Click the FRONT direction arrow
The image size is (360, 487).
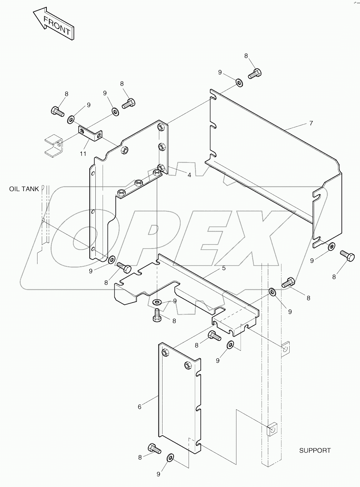click(x=54, y=24)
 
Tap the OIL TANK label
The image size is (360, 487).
click(x=24, y=189)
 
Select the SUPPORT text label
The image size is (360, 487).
click(x=315, y=451)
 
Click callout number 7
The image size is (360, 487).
click(x=311, y=123)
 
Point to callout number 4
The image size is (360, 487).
click(x=189, y=175)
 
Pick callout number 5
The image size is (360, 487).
click(x=224, y=268)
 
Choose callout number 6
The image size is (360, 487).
click(x=140, y=407)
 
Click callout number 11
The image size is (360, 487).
click(x=83, y=154)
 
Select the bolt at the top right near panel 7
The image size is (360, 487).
click(x=255, y=74)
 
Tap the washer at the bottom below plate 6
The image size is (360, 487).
click(x=170, y=458)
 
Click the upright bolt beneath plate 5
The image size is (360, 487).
click(x=157, y=314)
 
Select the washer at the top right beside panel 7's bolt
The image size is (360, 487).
click(x=238, y=83)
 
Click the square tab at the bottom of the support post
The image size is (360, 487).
click(x=272, y=429)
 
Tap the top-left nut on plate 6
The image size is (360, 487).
click(x=165, y=353)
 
